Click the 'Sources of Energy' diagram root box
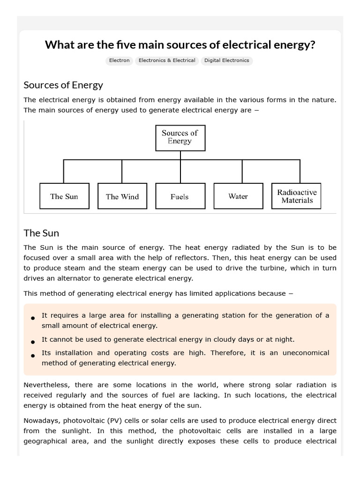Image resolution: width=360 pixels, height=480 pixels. [x=180, y=137]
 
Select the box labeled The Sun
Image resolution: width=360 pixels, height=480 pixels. [x=64, y=196]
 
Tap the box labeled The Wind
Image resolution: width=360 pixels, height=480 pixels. [x=122, y=196]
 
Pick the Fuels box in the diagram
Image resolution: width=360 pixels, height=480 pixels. [x=180, y=196]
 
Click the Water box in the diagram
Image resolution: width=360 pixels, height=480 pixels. [x=238, y=196]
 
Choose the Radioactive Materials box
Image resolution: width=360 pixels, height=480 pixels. [x=296, y=196]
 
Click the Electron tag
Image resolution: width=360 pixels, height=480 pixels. [x=119, y=60]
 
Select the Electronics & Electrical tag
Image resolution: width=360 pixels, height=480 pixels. [x=167, y=60]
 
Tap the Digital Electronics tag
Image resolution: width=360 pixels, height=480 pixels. [x=226, y=60]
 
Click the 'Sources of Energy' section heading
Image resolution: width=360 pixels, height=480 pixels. [x=63, y=85]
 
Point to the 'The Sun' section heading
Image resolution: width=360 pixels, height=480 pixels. [x=41, y=233]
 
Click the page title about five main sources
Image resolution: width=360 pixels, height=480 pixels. [x=180, y=45]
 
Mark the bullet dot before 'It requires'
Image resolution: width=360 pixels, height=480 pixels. [x=33, y=318]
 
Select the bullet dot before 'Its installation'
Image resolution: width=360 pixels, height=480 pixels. [x=33, y=356]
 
